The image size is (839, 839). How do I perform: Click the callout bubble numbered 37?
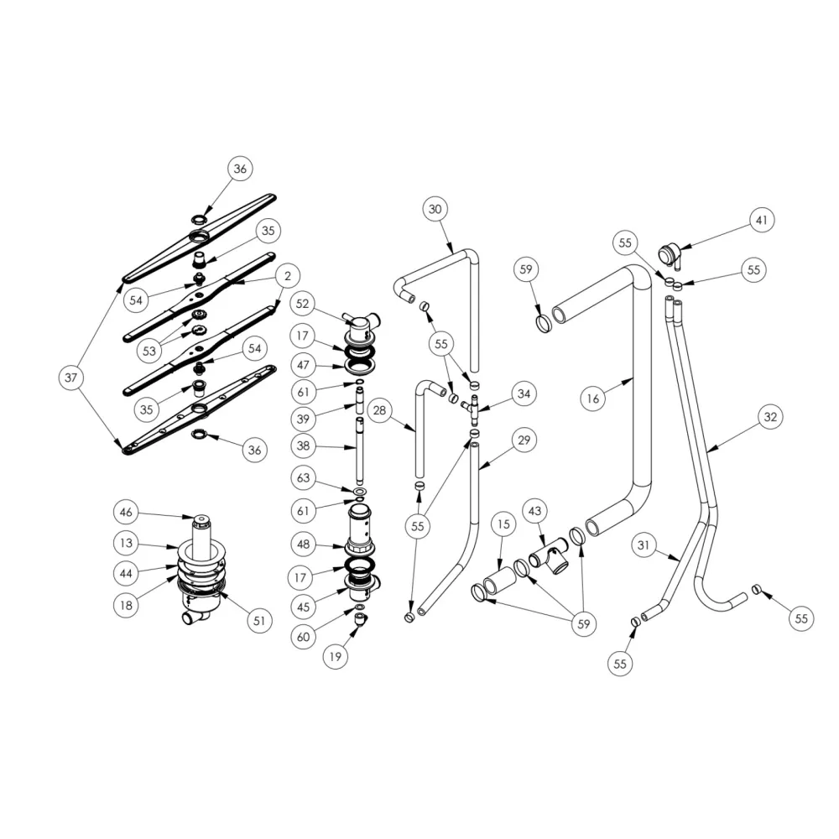(x=71, y=378)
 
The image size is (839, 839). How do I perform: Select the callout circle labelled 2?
(x=287, y=275)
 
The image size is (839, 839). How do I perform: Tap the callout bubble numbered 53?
(x=149, y=350)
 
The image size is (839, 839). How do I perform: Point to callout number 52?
(x=304, y=304)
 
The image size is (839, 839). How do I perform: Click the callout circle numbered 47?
(x=304, y=366)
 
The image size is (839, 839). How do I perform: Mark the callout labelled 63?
(x=304, y=478)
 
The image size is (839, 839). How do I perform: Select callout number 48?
(x=304, y=544)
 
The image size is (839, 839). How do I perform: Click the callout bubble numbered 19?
(x=336, y=658)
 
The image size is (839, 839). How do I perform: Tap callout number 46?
(x=126, y=512)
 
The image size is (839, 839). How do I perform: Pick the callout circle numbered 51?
(x=258, y=621)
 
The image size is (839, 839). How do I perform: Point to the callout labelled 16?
(x=593, y=399)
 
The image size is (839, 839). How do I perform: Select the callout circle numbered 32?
(x=769, y=415)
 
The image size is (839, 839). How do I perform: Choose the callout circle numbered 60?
(x=304, y=637)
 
